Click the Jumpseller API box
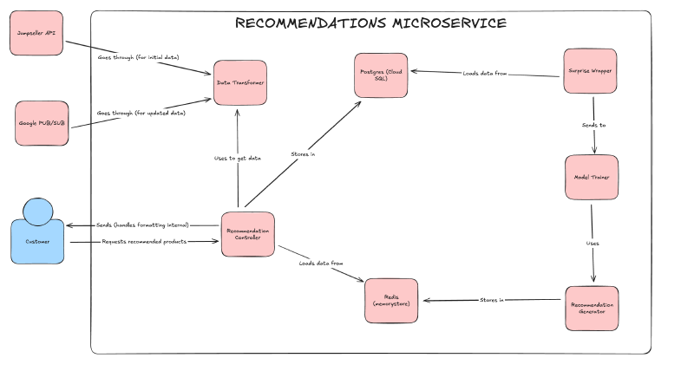(36, 33)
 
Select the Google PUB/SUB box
(41, 123)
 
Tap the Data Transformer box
(240, 82)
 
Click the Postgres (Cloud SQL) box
(383, 75)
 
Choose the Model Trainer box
(592, 178)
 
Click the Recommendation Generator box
(592, 309)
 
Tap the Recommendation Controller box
(248, 234)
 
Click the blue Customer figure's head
(39, 211)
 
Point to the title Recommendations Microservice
(370, 23)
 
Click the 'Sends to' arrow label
(593, 126)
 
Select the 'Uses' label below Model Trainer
(593, 244)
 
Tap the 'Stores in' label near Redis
(491, 300)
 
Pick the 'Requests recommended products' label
(143, 241)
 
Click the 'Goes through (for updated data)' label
(142, 113)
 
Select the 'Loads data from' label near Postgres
(486, 74)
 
